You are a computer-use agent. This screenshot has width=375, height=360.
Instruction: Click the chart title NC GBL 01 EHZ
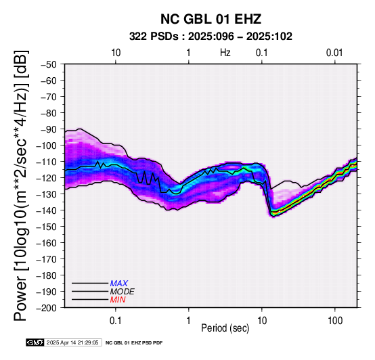(211, 19)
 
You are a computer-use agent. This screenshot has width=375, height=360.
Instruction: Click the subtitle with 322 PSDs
(211, 37)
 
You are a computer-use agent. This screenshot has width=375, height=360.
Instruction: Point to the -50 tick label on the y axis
(49, 64)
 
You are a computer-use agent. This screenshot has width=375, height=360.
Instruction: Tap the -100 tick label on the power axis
(47, 145)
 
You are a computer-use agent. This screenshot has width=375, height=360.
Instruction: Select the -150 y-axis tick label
(47, 227)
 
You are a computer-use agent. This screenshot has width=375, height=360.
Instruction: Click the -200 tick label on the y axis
(47, 308)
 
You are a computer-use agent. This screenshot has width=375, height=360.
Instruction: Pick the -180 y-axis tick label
(47, 275)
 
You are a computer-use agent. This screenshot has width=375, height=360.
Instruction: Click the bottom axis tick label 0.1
(116, 321)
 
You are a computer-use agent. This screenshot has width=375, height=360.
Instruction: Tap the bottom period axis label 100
(335, 321)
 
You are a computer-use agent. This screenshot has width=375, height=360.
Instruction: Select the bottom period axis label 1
(189, 321)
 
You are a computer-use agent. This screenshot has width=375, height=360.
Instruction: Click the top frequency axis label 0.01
(334, 53)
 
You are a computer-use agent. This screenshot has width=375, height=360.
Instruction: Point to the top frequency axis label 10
(116, 53)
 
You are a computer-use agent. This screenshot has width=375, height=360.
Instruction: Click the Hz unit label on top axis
(225, 53)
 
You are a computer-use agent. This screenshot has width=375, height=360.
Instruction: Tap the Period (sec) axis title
(225, 328)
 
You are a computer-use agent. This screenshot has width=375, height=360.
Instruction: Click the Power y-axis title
(21, 185)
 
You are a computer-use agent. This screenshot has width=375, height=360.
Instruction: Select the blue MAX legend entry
(119, 284)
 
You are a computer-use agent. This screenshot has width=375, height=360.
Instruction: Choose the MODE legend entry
(123, 292)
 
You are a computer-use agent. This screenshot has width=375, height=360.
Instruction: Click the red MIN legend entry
(118, 300)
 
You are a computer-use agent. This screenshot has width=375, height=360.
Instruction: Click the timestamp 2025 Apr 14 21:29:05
(72, 343)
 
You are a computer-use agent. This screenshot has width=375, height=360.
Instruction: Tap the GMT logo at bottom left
(35, 343)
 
